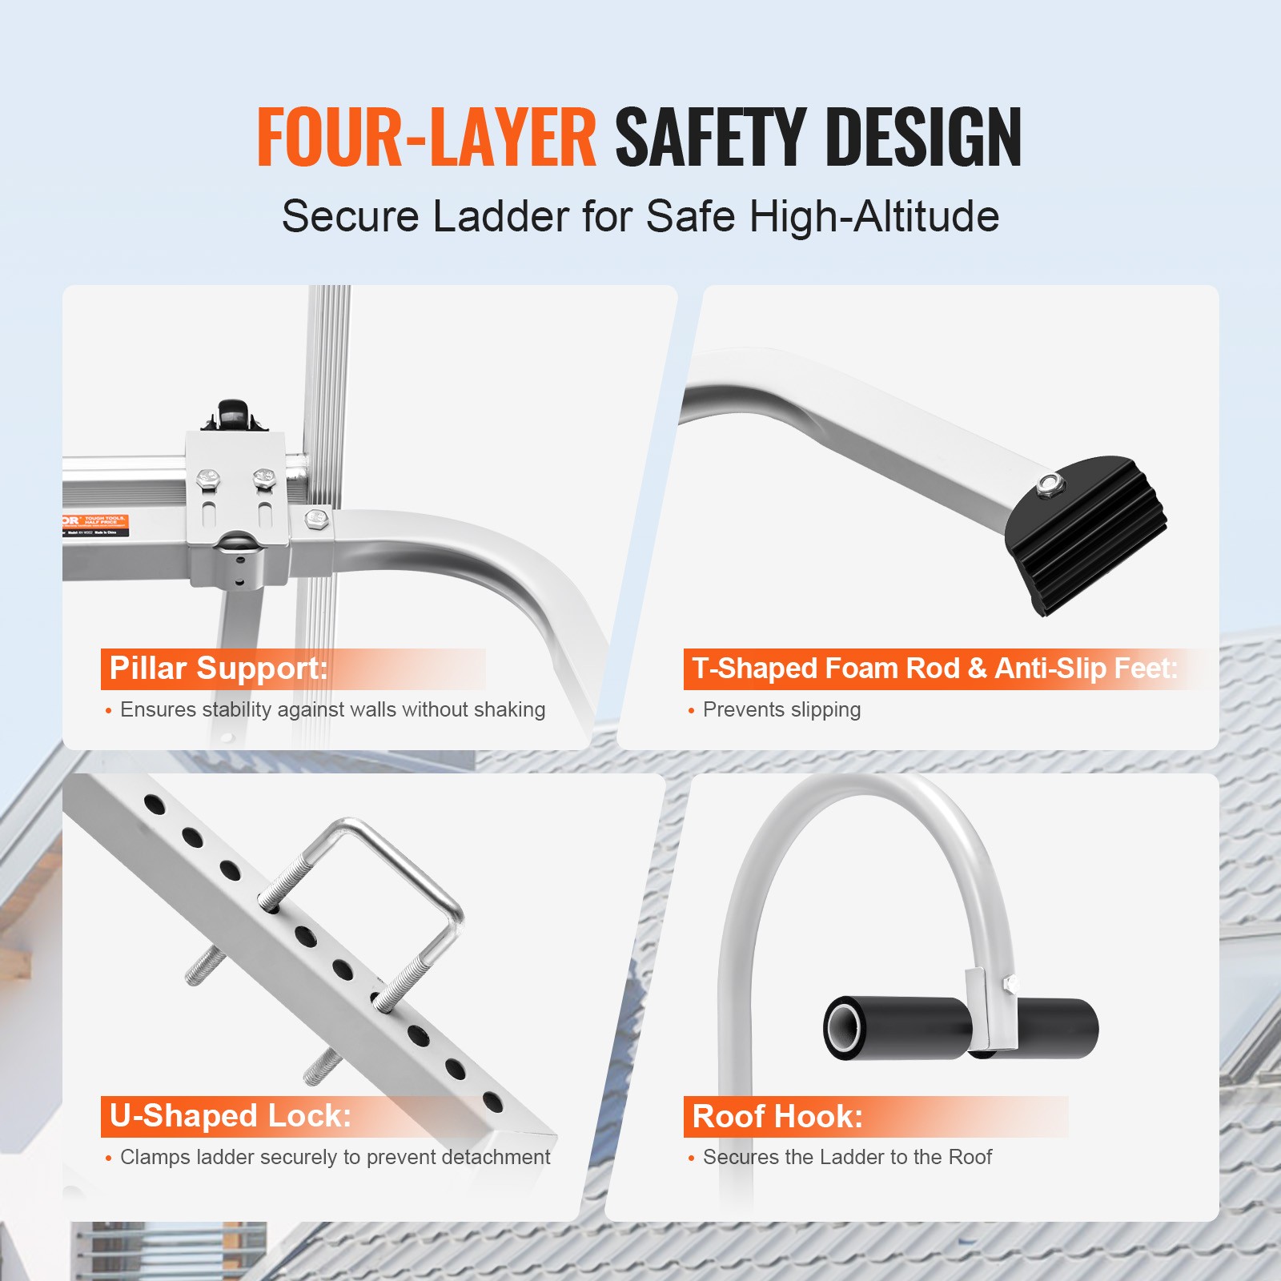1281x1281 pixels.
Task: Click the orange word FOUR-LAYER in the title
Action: [x=426, y=138]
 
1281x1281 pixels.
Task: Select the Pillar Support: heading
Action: [x=219, y=669]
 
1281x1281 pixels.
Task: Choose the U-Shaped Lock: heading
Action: [x=231, y=1116]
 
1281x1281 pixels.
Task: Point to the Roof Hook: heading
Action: [x=777, y=1116]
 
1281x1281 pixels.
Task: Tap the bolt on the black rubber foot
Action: [x=1046, y=484]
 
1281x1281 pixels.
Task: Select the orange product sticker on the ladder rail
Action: [x=94, y=525]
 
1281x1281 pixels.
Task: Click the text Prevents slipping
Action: [x=781, y=710]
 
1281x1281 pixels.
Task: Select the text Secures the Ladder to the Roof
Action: [x=847, y=1157]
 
